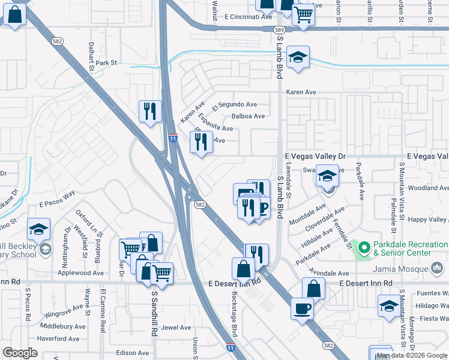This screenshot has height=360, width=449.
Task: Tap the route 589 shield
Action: point(279,29)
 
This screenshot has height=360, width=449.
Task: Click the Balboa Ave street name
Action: point(248,116)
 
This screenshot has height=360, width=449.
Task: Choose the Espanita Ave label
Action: point(215,123)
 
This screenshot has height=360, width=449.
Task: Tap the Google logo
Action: point(20,353)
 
